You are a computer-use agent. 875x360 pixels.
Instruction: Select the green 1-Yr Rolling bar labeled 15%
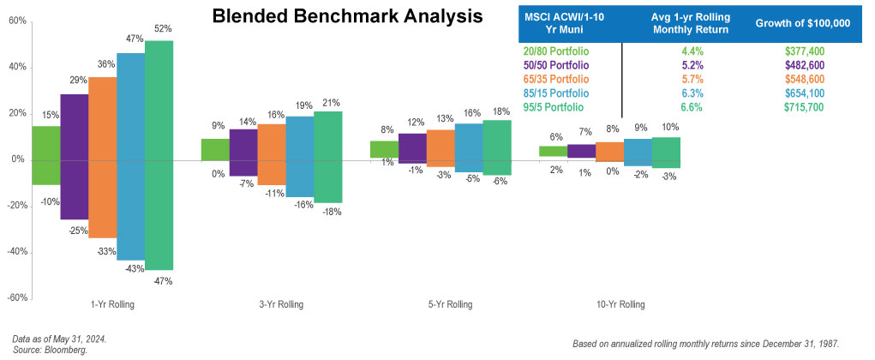pos(46,154)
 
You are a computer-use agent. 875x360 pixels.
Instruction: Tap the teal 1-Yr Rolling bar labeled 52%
pos(159,154)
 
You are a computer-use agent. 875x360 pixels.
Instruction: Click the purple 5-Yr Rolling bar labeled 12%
pos(412,147)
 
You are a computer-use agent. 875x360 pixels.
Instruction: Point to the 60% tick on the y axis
pos(16,21)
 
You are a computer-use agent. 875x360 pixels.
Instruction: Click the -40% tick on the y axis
pos(15,252)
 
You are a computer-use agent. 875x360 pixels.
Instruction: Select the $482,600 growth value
pos(810,65)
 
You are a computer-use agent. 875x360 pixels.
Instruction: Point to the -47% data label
pos(163,280)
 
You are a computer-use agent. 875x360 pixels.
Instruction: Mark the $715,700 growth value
pos(810,107)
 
